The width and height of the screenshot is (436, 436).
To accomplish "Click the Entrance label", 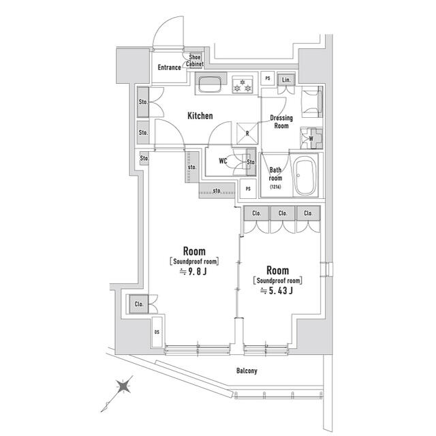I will [x=169, y=67].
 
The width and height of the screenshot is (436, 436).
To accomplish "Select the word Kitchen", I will [x=200, y=116].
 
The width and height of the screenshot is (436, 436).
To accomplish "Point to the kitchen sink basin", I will [x=210, y=85].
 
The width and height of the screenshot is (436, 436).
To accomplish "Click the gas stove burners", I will [x=240, y=85].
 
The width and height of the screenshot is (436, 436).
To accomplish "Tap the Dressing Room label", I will [x=281, y=121].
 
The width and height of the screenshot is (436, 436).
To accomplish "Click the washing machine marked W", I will [x=311, y=138].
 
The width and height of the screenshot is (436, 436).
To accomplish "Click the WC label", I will [x=223, y=161].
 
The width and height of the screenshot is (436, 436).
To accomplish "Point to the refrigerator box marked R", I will [x=247, y=133].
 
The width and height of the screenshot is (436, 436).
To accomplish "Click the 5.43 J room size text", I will [x=277, y=292].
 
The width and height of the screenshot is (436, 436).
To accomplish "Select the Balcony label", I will [x=247, y=371].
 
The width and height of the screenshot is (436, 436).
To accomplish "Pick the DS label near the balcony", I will [x=156, y=332].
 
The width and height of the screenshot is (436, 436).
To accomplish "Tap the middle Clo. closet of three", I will [x=282, y=213].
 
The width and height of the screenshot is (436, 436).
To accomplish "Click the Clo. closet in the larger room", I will [x=138, y=304].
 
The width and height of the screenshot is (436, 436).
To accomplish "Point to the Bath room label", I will [x=275, y=175].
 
